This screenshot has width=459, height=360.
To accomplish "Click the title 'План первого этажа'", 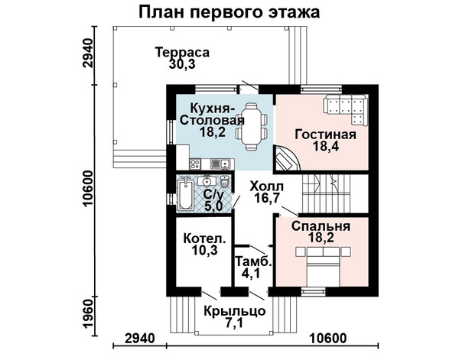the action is (x=229, y=13).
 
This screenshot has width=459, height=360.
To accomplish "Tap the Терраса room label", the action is (x=182, y=52).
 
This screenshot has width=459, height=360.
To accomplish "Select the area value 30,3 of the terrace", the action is (x=182, y=64).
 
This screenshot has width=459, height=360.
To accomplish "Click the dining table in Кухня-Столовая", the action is (x=252, y=126).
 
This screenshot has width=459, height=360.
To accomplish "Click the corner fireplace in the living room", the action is (x=286, y=159).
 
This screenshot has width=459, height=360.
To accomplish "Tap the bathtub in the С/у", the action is (x=185, y=195).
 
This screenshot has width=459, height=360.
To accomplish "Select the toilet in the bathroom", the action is (x=224, y=182).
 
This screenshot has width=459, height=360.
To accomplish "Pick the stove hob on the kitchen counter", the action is (x=194, y=164).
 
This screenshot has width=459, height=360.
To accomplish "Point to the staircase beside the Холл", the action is (x=326, y=193).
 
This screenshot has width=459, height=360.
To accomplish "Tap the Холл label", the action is (x=267, y=186).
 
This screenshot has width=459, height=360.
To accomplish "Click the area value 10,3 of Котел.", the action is (x=205, y=250).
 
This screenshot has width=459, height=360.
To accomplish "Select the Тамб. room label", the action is (x=254, y=261).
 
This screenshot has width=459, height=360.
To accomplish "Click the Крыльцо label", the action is (x=235, y=311).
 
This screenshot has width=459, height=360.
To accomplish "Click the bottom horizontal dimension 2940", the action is (x=140, y=339).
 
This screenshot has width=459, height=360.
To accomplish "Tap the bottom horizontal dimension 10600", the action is (x=328, y=339).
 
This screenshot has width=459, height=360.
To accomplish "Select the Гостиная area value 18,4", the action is (x=326, y=146).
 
